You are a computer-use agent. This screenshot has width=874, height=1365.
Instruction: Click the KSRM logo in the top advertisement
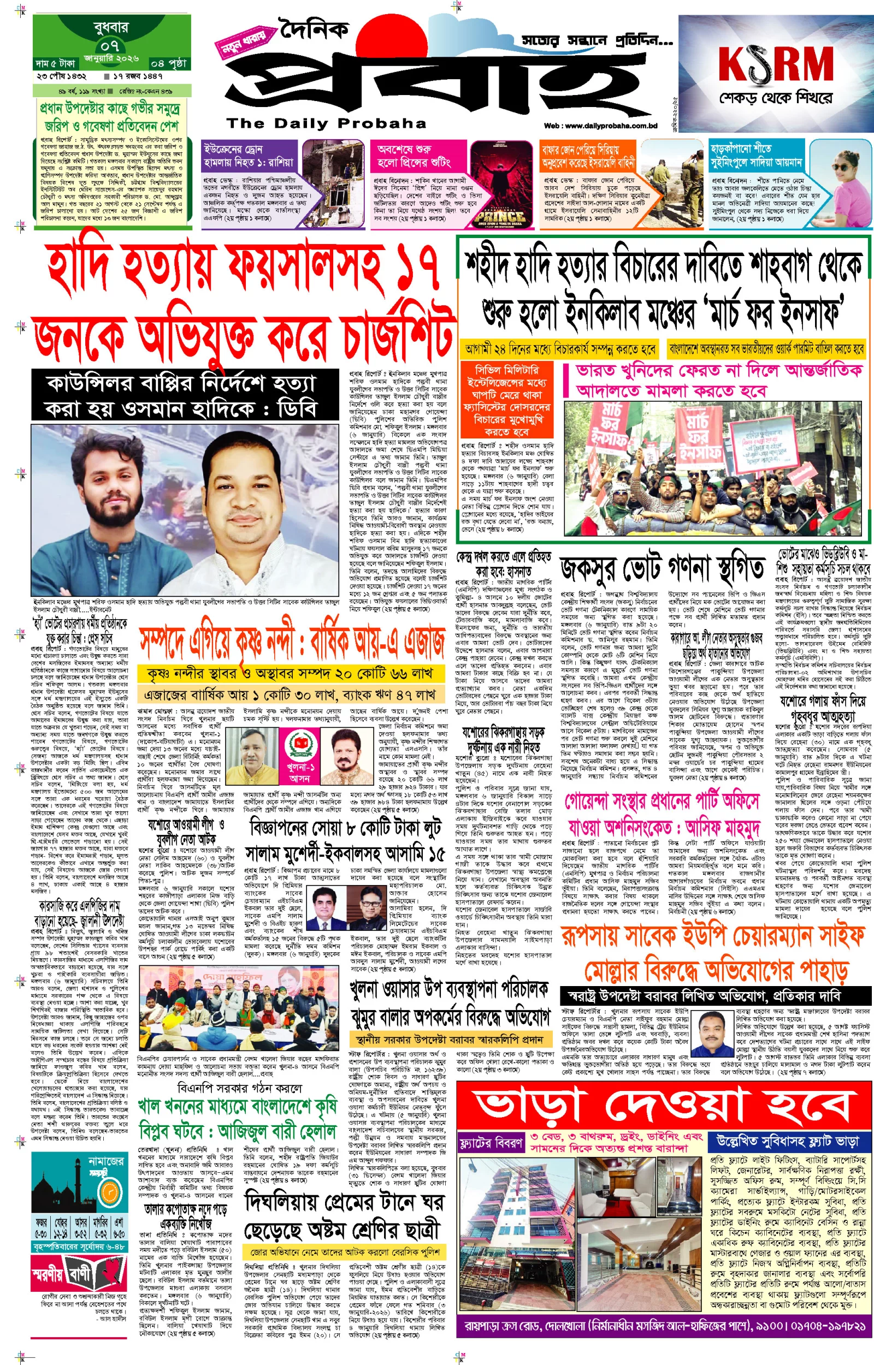(775, 64)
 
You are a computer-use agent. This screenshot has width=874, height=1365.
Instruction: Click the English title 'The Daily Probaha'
(326, 123)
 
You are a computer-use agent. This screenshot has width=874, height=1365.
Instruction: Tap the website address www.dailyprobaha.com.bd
(600, 126)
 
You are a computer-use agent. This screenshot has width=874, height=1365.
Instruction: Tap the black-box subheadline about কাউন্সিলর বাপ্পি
(185, 396)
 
